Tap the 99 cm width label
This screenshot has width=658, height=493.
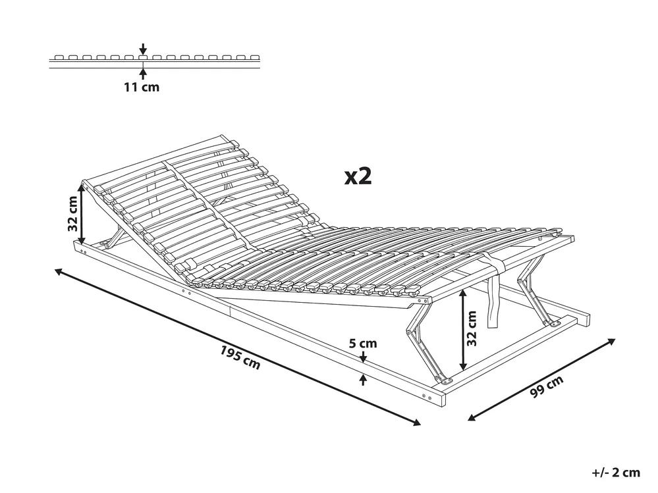pos(546,386)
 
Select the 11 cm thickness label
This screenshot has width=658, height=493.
pos(142,87)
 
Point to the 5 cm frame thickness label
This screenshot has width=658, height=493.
pos(363,344)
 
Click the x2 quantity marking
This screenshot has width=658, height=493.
pos(358,176)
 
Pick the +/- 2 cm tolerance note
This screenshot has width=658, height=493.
pos(616,473)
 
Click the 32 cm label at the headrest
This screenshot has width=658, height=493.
pos(73,214)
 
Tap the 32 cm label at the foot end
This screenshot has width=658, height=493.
pos(472,328)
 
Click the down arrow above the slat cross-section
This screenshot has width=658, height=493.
pos(144,48)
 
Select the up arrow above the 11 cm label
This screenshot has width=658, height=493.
pos(144,74)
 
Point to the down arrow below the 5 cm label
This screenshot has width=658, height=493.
pos(364,357)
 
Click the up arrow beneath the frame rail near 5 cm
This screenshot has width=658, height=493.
pos(364,380)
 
